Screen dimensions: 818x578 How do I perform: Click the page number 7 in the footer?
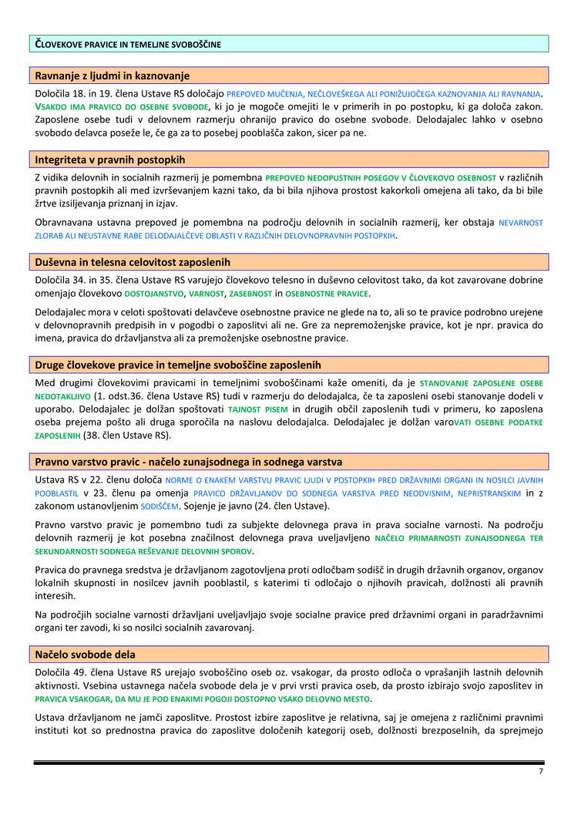point(541,772)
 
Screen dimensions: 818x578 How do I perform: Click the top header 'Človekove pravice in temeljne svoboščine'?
point(129,44)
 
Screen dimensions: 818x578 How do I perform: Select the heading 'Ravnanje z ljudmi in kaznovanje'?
point(113,76)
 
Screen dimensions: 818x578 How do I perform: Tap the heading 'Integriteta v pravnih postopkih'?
point(110,160)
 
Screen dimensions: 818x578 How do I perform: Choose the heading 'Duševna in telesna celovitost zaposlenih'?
point(133,262)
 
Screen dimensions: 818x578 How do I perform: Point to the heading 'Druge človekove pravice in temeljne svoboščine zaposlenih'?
point(178,365)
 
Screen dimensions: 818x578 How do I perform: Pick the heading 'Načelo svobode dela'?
point(86,655)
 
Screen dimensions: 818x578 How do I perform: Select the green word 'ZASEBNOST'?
point(250,295)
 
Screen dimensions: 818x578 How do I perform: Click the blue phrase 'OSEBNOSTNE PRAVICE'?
point(327,295)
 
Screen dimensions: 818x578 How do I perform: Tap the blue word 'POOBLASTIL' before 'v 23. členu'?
point(57,493)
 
